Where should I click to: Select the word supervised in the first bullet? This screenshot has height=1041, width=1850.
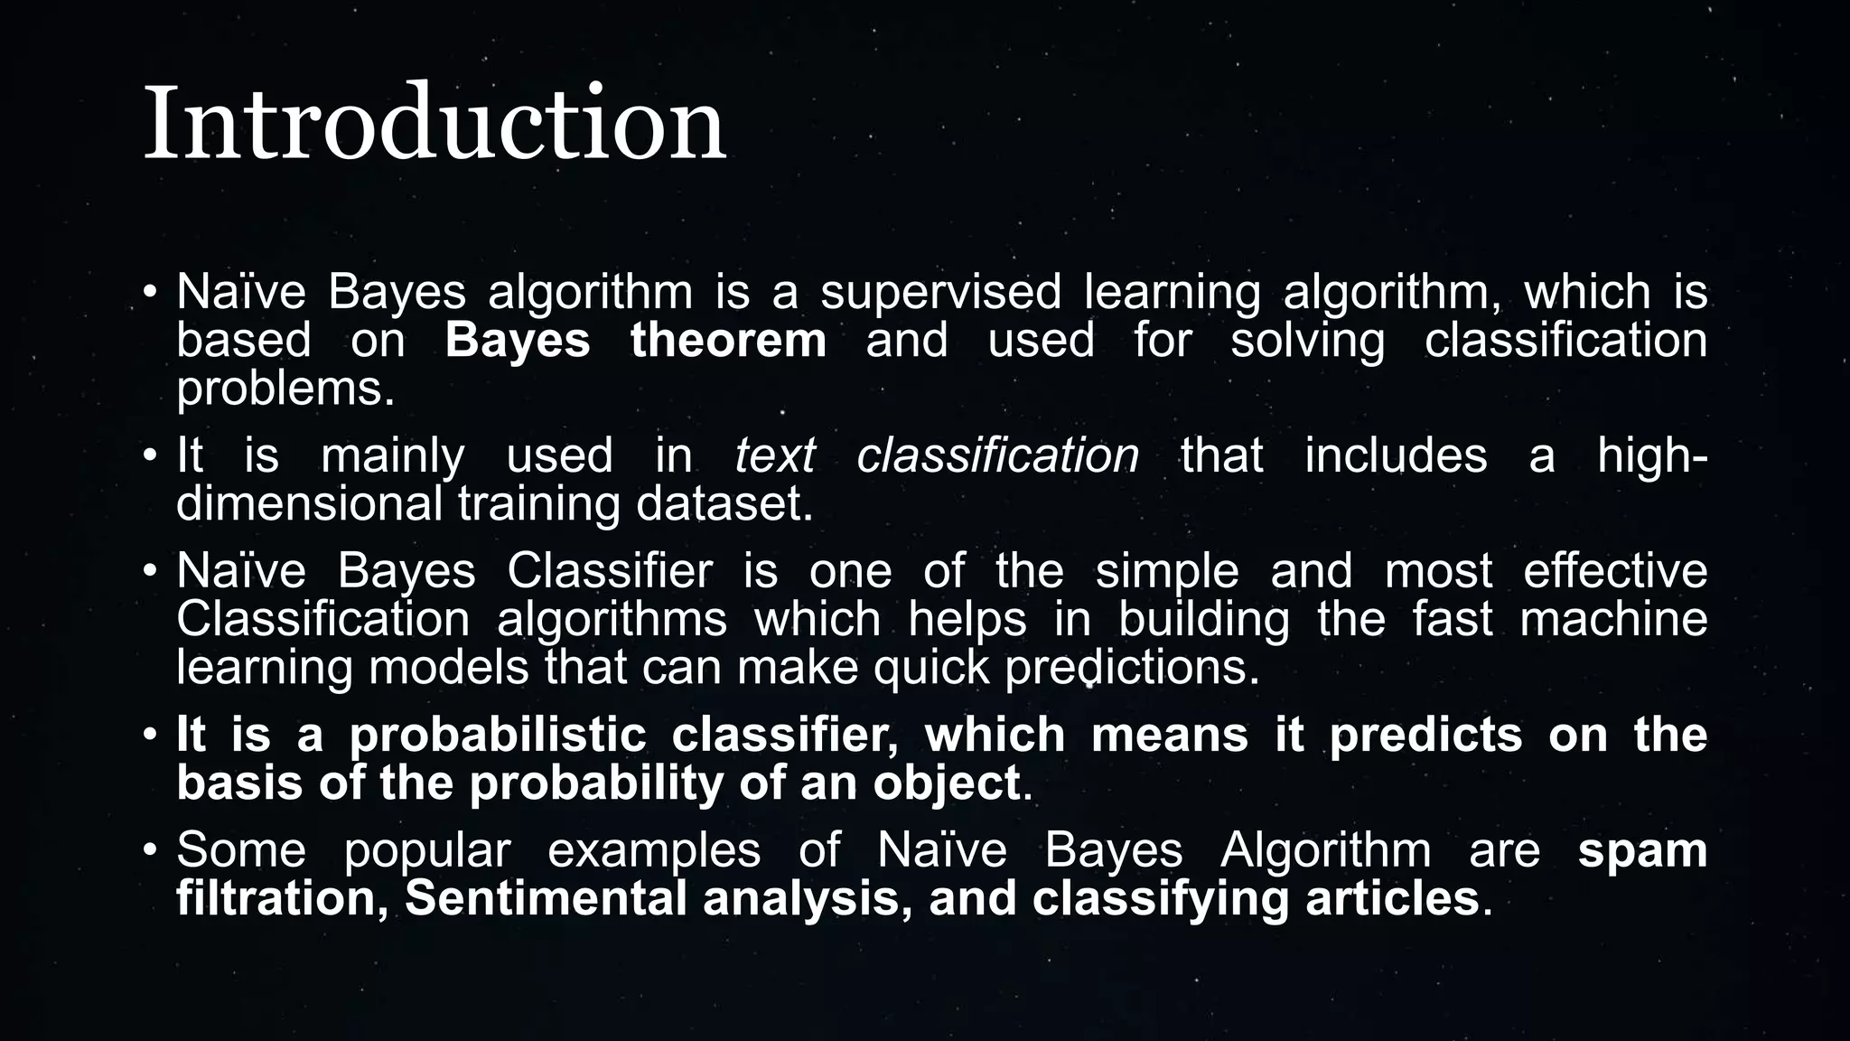940,293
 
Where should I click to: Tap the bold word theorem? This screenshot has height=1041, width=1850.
728,341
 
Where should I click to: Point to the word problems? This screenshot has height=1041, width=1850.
285,389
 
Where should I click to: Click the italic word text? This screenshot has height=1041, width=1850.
775,455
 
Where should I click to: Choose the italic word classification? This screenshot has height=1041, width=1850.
997,455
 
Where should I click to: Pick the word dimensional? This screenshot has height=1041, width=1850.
309,503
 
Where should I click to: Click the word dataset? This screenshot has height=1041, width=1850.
724,503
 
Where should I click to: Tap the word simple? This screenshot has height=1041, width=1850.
1167,571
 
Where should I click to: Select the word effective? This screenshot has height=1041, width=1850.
1615,571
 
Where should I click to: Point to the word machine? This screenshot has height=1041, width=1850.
1613,620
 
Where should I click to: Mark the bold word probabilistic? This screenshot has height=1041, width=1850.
498,735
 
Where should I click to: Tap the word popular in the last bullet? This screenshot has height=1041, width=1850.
427,851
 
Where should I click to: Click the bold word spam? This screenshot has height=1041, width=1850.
1642,851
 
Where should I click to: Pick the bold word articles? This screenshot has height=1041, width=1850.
1391,898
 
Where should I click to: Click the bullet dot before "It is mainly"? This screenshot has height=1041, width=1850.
150,455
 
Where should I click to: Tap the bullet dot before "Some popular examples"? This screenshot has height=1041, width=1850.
150,851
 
